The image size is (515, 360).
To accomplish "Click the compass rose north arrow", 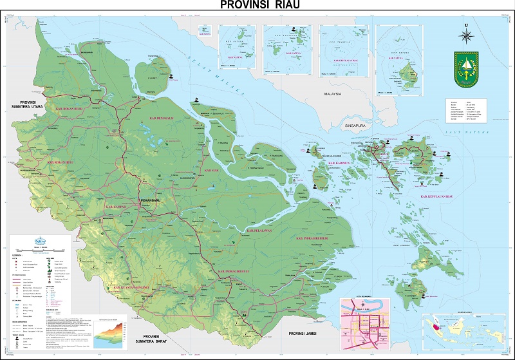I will pyautogui.click(x=465, y=32).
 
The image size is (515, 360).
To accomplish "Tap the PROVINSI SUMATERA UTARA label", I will pyautogui.click(x=20, y=104).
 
